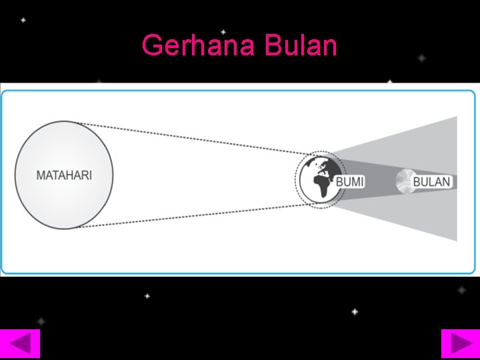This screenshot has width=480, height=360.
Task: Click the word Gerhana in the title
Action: click(x=199, y=46)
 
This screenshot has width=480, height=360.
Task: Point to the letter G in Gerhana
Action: click(x=153, y=46)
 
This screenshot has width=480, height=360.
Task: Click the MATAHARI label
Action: click(x=64, y=176)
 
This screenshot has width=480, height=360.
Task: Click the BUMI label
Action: click(x=349, y=181)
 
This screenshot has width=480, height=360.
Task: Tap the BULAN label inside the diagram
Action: click(x=432, y=181)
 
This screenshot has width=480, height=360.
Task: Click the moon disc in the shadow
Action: click(x=404, y=181)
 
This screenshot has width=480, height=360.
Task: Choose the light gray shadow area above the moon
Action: click(x=427, y=143)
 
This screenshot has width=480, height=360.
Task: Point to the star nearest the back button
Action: click(x=41, y=321)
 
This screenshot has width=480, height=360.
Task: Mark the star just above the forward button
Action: click(x=461, y=291)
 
